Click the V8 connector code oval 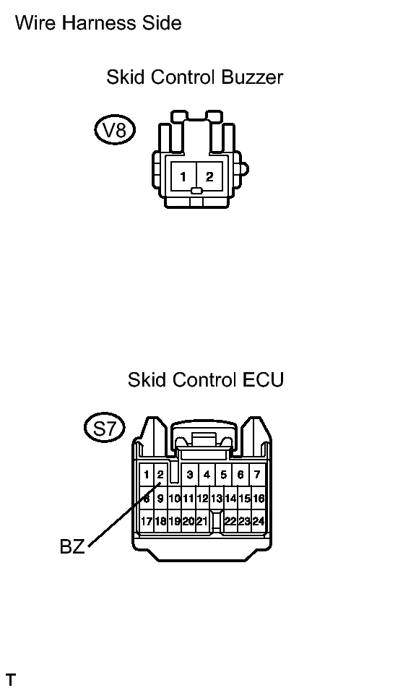coord(115,130)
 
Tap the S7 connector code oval coord(105,427)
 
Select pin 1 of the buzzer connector coord(183,176)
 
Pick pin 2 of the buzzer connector coord(209,176)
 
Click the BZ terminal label coord(72,547)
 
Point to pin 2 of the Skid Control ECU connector coord(160,475)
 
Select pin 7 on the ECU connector coord(257,475)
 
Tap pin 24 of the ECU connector coord(259,521)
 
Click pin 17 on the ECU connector coord(147,521)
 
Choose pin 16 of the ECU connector coord(259,498)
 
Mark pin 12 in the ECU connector coord(202,498)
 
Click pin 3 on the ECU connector coord(189,475)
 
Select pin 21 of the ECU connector coord(202,521)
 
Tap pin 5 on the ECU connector coord(224,475)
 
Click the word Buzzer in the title coord(252,77)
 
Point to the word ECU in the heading coord(263,379)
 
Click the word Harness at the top coord(99,22)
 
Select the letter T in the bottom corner coord(11,679)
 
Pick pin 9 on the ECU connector coord(160,498)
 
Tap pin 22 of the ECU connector coord(230,521)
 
